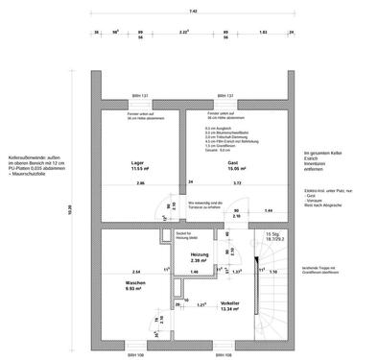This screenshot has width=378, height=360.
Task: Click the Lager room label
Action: (137, 162)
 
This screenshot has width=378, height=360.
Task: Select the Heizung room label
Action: (201, 254)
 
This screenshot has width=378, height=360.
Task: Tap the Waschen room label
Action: (134, 284)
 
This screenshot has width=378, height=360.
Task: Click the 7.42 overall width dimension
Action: (193, 12)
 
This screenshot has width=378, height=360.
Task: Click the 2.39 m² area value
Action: (201, 260)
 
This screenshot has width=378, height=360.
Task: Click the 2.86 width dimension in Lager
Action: (140, 182)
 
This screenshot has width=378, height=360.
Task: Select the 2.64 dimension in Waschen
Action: (136, 272)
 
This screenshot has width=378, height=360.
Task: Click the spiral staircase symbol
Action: (262, 288)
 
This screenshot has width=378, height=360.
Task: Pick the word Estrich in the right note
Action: (311, 158)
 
